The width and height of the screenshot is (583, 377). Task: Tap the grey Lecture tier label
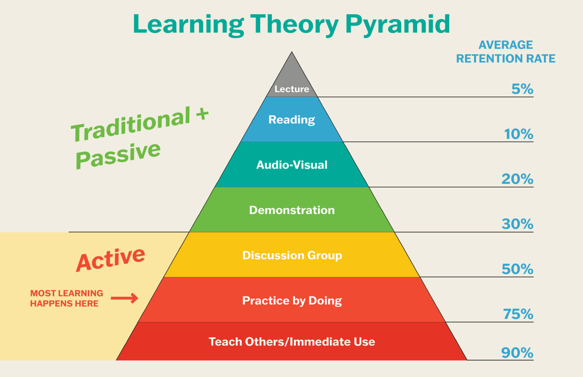[x=291, y=89]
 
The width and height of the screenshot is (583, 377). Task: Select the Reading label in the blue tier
[x=291, y=120]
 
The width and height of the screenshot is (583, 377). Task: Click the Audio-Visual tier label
[x=291, y=165]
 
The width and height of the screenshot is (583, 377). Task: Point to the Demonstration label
[x=291, y=210]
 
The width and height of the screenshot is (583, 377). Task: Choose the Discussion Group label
[x=292, y=255]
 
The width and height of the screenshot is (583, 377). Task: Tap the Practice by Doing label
[x=292, y=301]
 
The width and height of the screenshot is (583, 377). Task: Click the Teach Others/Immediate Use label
[x=292, y=342]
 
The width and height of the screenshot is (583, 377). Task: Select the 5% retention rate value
[x=522, y=89]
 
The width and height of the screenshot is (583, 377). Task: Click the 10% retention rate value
[x=518, y=134]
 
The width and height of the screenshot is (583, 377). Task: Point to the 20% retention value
[x=517, y=179]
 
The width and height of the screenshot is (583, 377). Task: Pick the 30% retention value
[x=517, y=224]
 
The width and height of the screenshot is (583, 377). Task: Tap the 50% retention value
[x=517, y=269]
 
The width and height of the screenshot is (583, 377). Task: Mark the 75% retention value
[x=518, y=314]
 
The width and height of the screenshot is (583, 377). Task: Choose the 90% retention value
[x=517, y=353]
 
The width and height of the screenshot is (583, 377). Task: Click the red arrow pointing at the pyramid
[x=124, y=298]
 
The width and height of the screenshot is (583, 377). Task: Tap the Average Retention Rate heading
[x=506, y=52]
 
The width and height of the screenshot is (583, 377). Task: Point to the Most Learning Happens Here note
[x=66, y=298]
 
